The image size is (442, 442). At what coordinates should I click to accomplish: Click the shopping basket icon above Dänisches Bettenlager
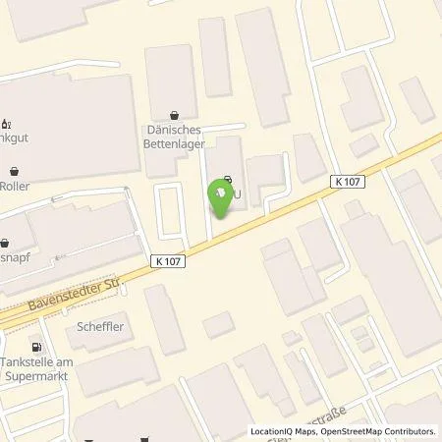[x=174, y=114]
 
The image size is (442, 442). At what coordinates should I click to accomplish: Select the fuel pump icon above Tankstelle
[x=37, y=346]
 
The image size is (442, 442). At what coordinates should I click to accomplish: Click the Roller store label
[x=15, y=185]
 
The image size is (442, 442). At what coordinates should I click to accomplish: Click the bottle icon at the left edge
[x=6, y=124]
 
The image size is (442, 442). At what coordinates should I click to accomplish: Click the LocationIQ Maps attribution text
[x=278, y=431]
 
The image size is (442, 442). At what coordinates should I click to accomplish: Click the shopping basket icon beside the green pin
[x=227, y=180]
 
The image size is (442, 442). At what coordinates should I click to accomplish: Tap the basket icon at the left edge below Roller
[x=5, y=243]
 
